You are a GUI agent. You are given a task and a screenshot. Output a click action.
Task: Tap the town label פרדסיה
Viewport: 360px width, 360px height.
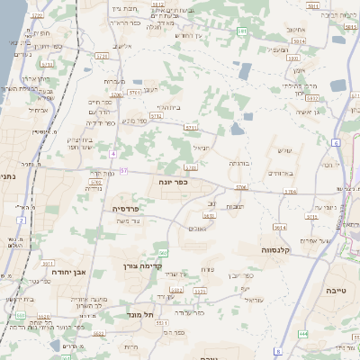[125, 208]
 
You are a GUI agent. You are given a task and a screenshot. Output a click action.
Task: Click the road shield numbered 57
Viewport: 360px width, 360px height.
[123, 170]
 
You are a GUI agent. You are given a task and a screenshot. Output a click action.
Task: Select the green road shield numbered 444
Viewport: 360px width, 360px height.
[302, 333]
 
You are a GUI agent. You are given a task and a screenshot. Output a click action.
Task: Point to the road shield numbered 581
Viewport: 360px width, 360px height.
[242, 31]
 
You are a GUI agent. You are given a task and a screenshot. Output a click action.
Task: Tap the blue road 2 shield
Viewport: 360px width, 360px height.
[20, 220]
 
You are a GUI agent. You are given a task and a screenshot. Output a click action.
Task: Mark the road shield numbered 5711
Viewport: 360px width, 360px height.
[191, 129]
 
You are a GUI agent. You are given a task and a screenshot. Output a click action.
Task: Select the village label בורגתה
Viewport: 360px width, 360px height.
[239, 163]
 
